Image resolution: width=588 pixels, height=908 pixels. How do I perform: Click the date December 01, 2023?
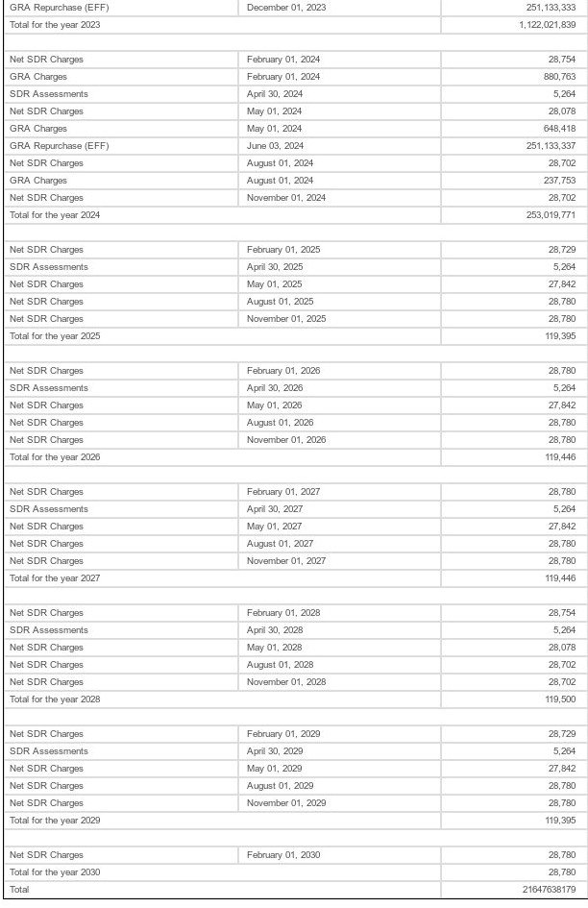(286, 8)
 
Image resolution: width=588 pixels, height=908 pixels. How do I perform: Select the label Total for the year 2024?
(55, 215)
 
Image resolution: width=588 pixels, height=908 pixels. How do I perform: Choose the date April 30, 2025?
(275, 267)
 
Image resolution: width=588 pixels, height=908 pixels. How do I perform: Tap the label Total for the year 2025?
(55, 336)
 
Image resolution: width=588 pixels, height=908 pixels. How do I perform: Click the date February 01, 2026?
(283, 371)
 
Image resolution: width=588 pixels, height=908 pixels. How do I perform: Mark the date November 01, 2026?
(286, 440)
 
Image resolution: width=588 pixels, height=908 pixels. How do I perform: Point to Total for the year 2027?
(55, 578)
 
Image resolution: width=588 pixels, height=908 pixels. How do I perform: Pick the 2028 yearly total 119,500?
(560, 699)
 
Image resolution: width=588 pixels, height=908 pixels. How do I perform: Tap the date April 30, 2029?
(275, 751)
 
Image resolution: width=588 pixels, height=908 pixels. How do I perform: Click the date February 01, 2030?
(283, 855)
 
